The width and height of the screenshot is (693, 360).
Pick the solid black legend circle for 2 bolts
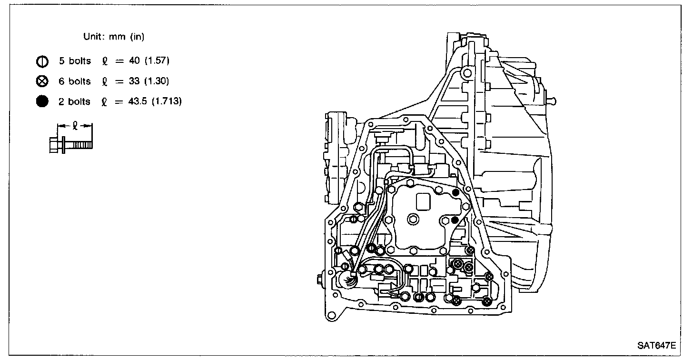coord(42,101)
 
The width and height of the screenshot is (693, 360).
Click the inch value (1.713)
coord(167,101)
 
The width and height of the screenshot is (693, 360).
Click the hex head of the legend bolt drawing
coord(54,144)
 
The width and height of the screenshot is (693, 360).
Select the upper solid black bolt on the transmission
coord(455,192)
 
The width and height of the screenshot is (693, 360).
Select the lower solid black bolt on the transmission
coord(455,220)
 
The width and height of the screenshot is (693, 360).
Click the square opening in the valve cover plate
coord(423,200)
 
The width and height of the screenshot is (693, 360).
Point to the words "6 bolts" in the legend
coord(74,81)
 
